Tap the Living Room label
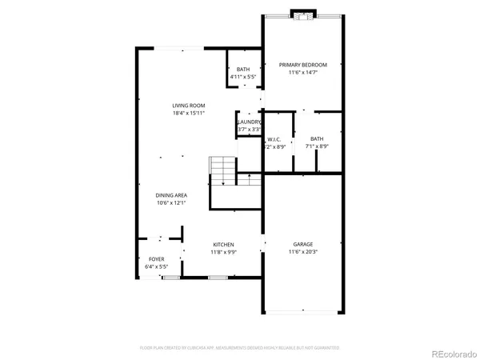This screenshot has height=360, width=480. (x=189, y=106)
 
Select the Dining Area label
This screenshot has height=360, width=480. (x=172, y=194)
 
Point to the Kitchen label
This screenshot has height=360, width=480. (x=222, y=244)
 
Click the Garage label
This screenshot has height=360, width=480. (x=302, y=244)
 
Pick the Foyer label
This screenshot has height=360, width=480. (x=157, y=259)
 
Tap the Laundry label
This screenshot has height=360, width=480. (x=249, y=122)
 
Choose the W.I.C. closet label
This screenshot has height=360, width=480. (x=274, y=138)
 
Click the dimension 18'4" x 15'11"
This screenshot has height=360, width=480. (x=189, y=114)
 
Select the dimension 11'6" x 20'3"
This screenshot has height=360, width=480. (x=302, y=252)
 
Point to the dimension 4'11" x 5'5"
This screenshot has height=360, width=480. (x=243, y=78)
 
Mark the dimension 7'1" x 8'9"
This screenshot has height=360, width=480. (x=317, y=146)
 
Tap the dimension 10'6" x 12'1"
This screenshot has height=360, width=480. (x=172, y=202)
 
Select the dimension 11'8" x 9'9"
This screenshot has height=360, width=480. (x=222, y=252)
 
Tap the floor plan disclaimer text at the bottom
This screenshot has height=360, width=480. (x=239, y=348)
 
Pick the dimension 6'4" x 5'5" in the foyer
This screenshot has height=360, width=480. (x=157, y=267)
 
